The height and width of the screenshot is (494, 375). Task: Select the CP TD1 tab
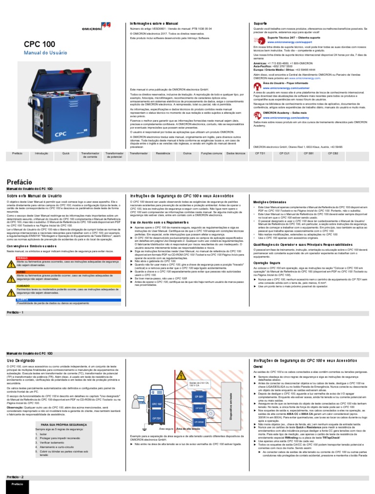click(260, 153)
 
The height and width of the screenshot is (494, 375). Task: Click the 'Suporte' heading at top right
click(260, 23)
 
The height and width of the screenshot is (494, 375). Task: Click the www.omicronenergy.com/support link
click(285, 42)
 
